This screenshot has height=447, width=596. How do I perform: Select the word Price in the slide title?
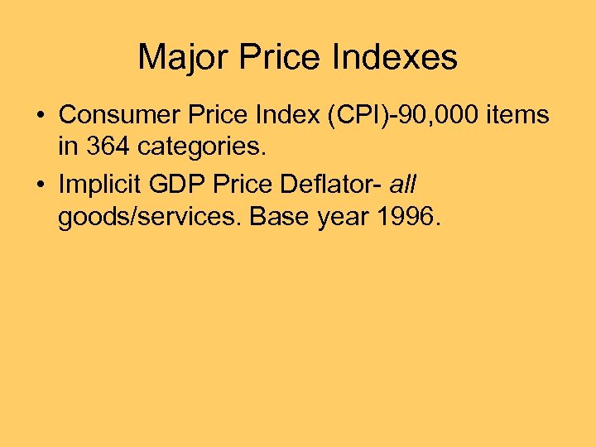click(279, 58)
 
